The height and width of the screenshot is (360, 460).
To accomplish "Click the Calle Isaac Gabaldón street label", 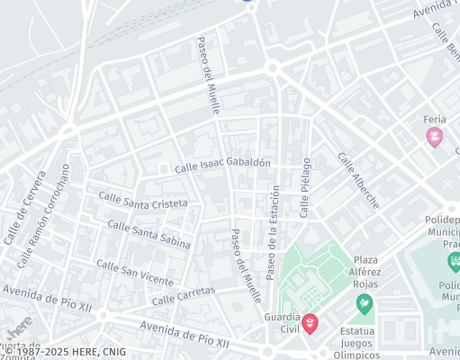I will (x=222, y=165).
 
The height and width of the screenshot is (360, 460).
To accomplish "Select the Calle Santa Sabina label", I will (x=149, y=233).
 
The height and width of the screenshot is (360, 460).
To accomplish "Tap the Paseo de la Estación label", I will (x=274, y=231).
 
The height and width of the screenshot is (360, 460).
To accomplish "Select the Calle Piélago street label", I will (x=305, y=187).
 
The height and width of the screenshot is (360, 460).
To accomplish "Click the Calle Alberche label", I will (x=358, y=180).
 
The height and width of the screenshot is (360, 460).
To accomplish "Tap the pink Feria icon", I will (x=436, y=137).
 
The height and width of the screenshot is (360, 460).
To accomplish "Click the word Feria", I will (x=436, y=120).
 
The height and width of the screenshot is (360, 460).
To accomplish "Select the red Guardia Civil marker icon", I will (x=310, y=323).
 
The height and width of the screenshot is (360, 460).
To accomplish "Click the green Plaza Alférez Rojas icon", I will (x=365, y=302).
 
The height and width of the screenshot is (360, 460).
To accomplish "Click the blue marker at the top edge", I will (x=248, y=2).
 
